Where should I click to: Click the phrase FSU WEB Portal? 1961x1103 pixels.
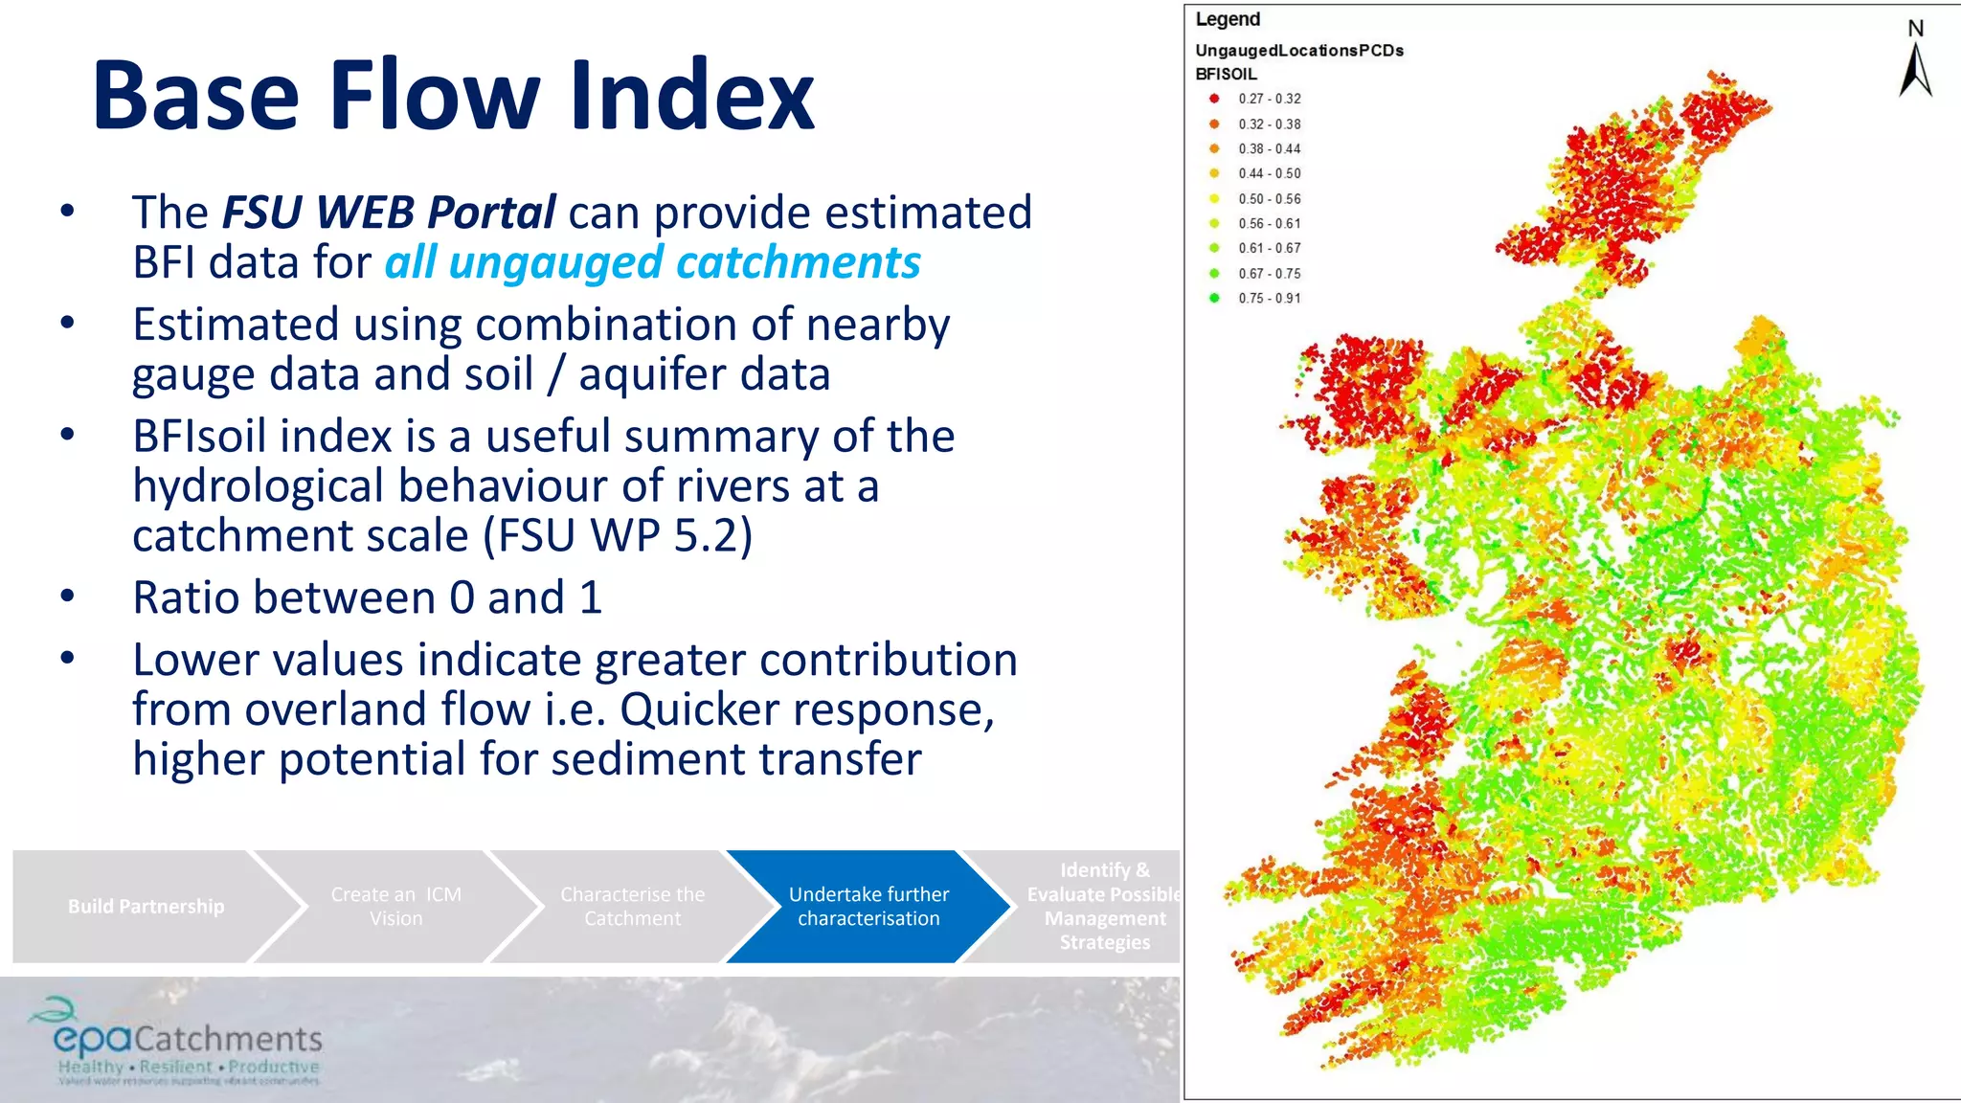pyautogui.click(x=388, y=213)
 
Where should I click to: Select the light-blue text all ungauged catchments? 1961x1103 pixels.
pyautogui.click(x=652, y=262)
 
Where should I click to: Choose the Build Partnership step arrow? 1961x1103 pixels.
pyautogui.click(x=146, y=906)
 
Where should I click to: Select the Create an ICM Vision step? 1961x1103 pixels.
pyautogui.click(x=395, y=906)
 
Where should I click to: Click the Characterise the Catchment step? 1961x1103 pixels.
pyautogui.click(x=632, y=906)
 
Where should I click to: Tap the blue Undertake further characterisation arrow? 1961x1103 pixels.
pyautogui.click(x=868, y=906)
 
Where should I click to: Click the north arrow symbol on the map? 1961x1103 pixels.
pyautogui.click(x=1915, y=67)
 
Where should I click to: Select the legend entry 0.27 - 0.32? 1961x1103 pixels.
pyautogui.click(x=1268, y=99)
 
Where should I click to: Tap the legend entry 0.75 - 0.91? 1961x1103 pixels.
pyautogui.click(x=1268, y=298)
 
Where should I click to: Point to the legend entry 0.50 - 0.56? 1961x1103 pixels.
pyautogui.click(x=1268, y=198)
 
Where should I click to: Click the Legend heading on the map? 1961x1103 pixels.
pyautogui.click(x=1228, y=19)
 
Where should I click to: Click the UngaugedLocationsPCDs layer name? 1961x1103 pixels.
pyautogui.click(x=1298, y=50)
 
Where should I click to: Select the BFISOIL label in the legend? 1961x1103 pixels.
pyautogui.click(x=1226, y=74)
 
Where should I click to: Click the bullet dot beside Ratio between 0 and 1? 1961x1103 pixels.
pyautogui.click(x=67, y=596)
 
